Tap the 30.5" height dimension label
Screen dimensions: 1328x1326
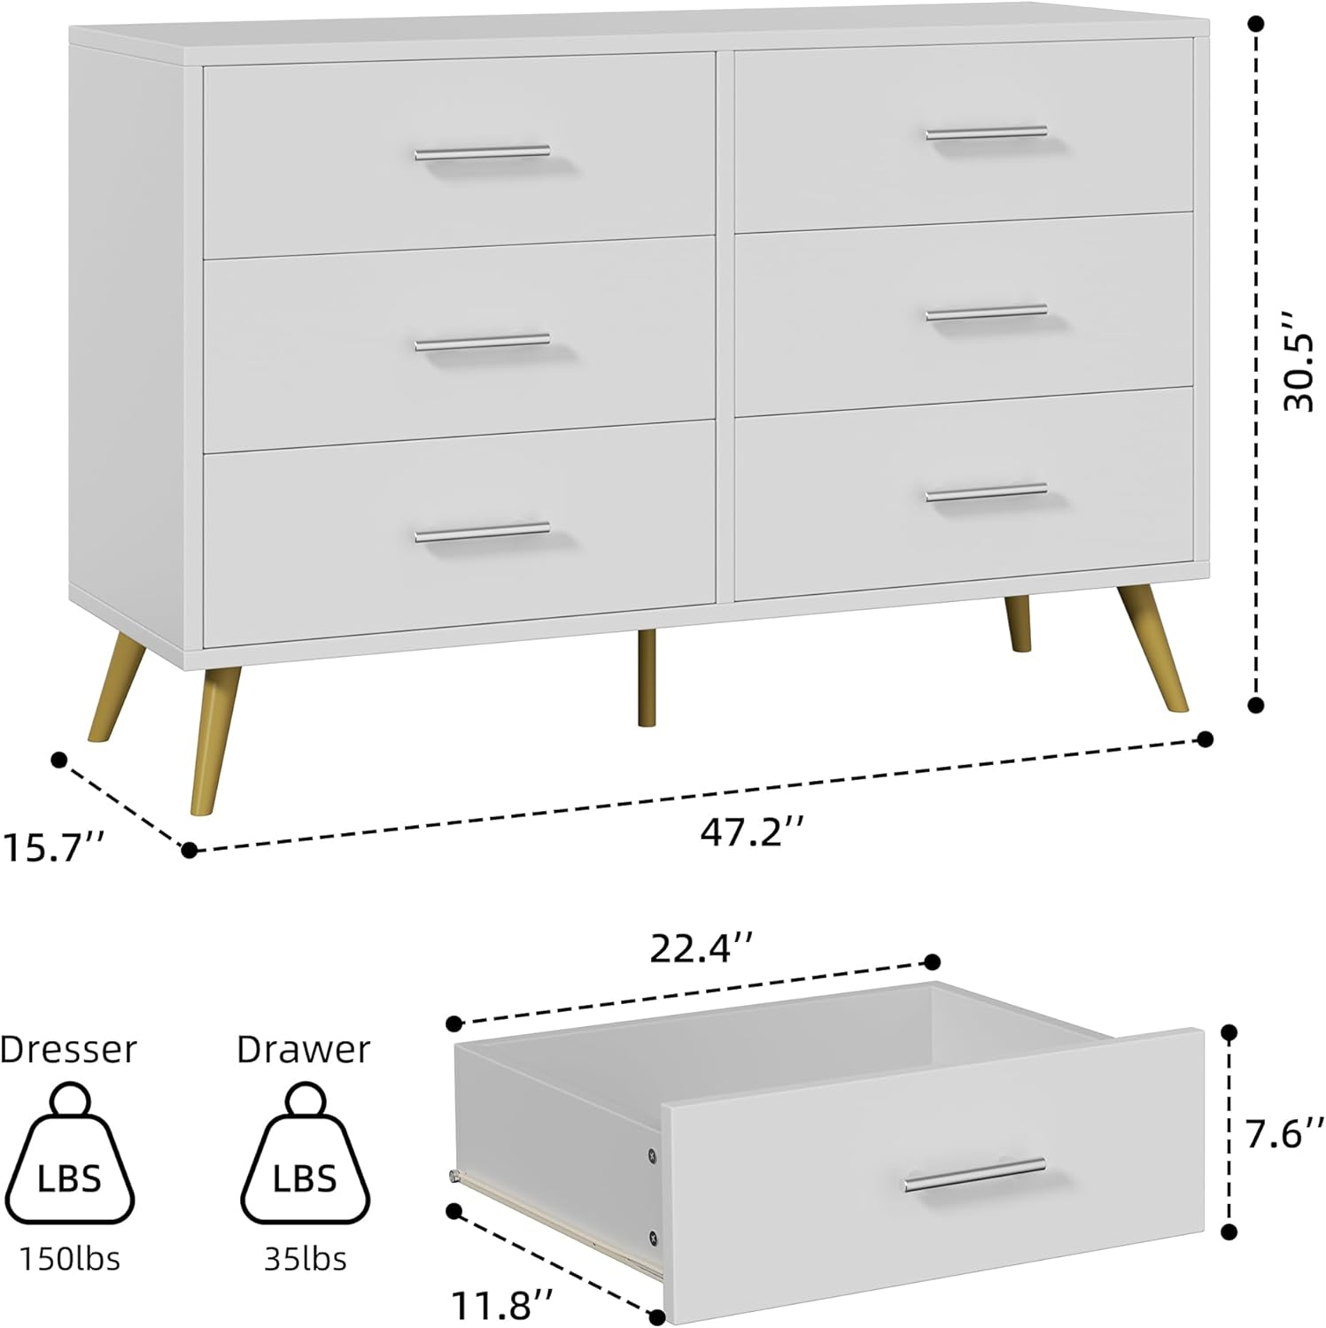(x=1300, y=360)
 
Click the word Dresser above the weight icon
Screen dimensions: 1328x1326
(x=68, y=1049)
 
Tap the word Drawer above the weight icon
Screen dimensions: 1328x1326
(x=303, y=1049)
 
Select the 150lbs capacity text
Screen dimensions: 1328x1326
(x=70, y=1258)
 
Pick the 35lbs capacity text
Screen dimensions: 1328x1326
(x=305, y=1258)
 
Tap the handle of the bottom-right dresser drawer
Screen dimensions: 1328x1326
(x=986, y=492)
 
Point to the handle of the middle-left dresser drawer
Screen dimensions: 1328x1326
(x=482, y=342)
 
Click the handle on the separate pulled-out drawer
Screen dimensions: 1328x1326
(x=974, y=1174)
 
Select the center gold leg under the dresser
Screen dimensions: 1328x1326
(x=647, y=677)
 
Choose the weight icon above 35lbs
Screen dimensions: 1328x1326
(x=305, y=1155)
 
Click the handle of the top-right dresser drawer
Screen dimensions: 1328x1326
(x=986, y=134)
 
